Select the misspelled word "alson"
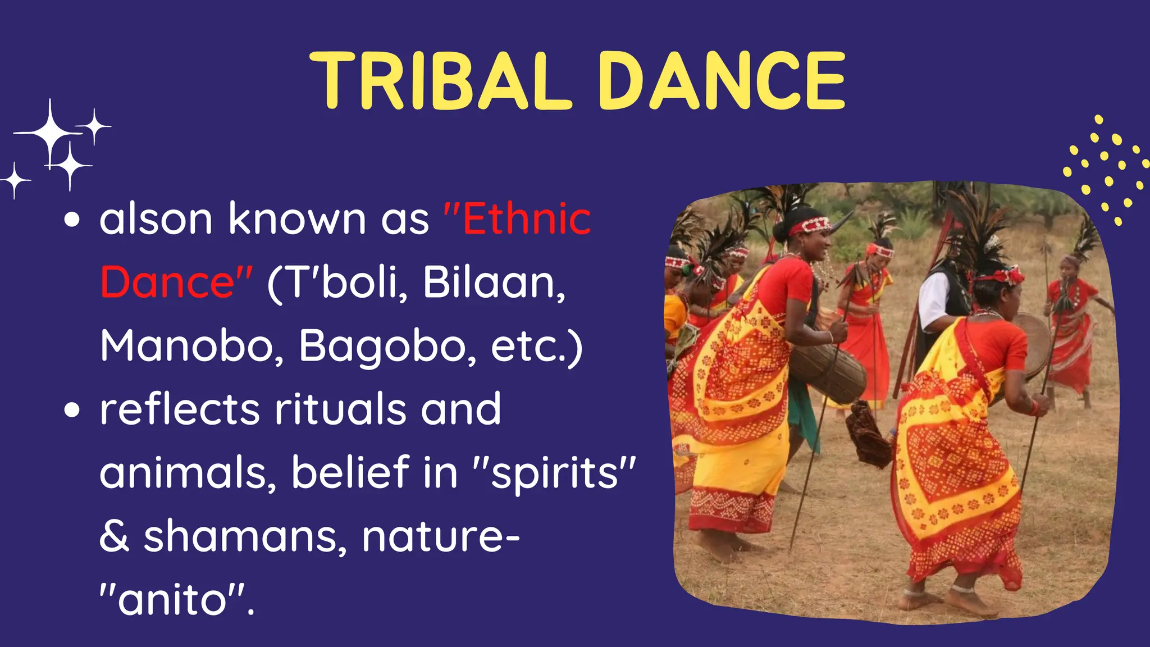point(156,219)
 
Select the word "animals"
point(188,473)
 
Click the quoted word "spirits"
point(555,473)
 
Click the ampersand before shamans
point(114,536)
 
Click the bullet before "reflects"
point(72,410)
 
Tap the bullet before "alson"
point(72,220)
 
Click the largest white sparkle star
point(50,133)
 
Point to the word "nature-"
point(441,536)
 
